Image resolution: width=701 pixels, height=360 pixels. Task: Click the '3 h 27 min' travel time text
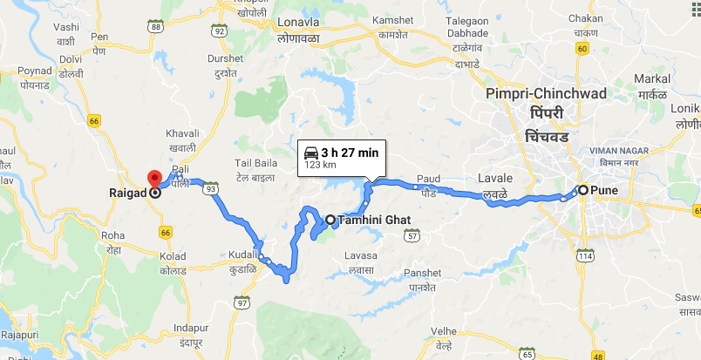point(350,152)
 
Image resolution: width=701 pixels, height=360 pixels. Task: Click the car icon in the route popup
point(310,152)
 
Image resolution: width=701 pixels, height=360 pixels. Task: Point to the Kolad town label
point(173,255)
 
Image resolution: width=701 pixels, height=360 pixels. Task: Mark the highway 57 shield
point(413,236)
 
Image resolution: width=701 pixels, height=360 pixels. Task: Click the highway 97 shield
point(242,302)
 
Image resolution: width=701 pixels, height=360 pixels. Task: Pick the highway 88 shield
point(156,27)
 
